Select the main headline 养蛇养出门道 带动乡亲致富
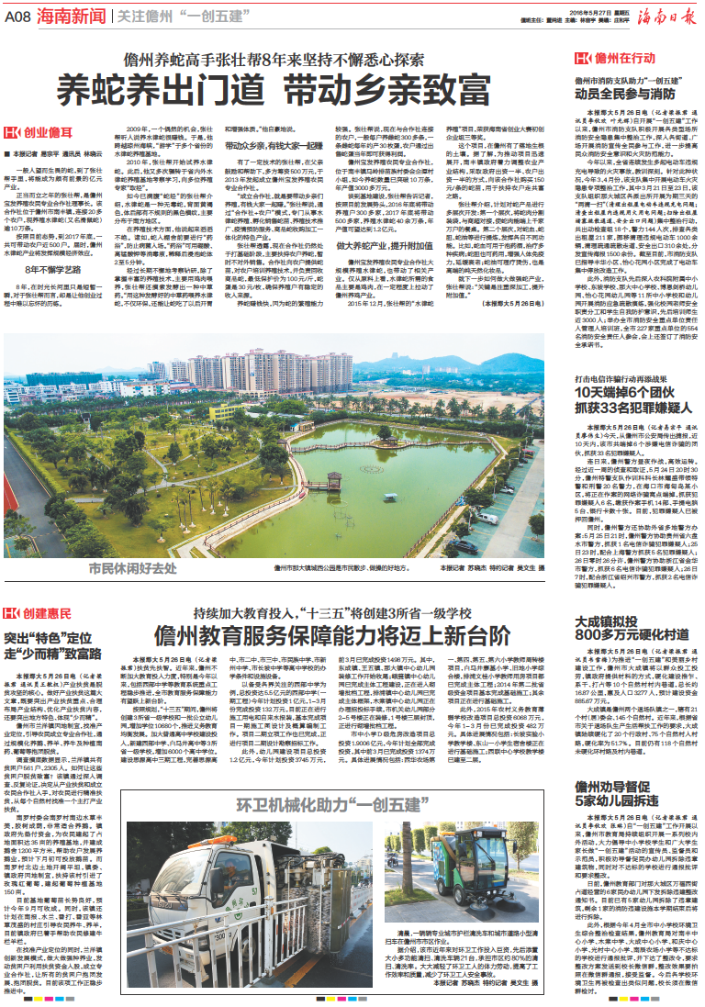pyautogui.click(x=285, y=91)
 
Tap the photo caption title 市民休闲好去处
pyautogui.click(x=119, y=568)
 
